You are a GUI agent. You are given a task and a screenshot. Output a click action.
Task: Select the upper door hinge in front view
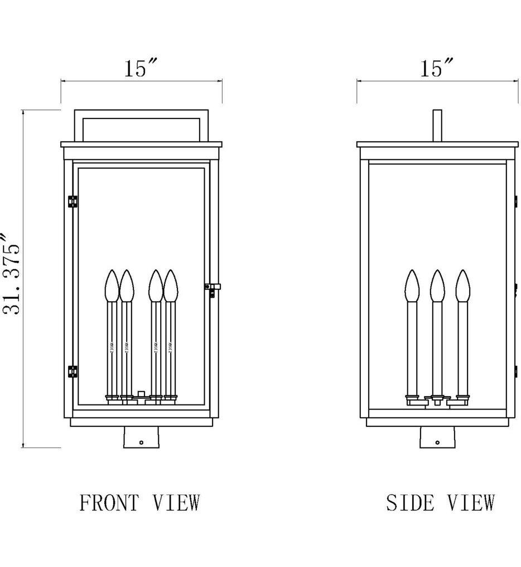[x=73, y=201]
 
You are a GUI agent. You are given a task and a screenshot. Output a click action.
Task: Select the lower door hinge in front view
[x=73, y=371]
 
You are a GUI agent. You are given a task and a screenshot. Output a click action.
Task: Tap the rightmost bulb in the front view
[x=170, y=285]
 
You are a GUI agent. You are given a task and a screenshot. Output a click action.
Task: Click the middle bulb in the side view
[x=437, y=285]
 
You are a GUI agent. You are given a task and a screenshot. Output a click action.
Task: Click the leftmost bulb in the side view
[x=412, y=285]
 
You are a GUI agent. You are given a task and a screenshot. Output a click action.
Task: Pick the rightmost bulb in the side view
[x=462, y=285]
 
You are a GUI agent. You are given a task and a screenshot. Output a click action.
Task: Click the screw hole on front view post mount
[x=142, y=442]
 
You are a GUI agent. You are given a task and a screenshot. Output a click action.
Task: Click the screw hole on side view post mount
[x=437, y=442]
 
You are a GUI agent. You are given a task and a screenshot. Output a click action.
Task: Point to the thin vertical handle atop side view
[x=437, y=126]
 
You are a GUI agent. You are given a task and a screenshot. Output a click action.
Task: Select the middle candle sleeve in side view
[x=437, y=346]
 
